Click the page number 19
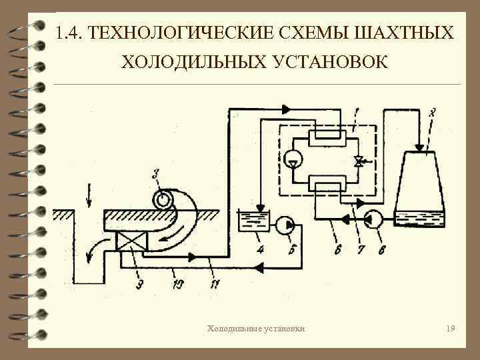point(451,329)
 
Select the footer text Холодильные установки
point(257,329)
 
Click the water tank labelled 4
point(253,221)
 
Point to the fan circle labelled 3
point(161,199)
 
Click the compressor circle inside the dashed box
point(293,159)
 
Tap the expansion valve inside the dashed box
point(359,161)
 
